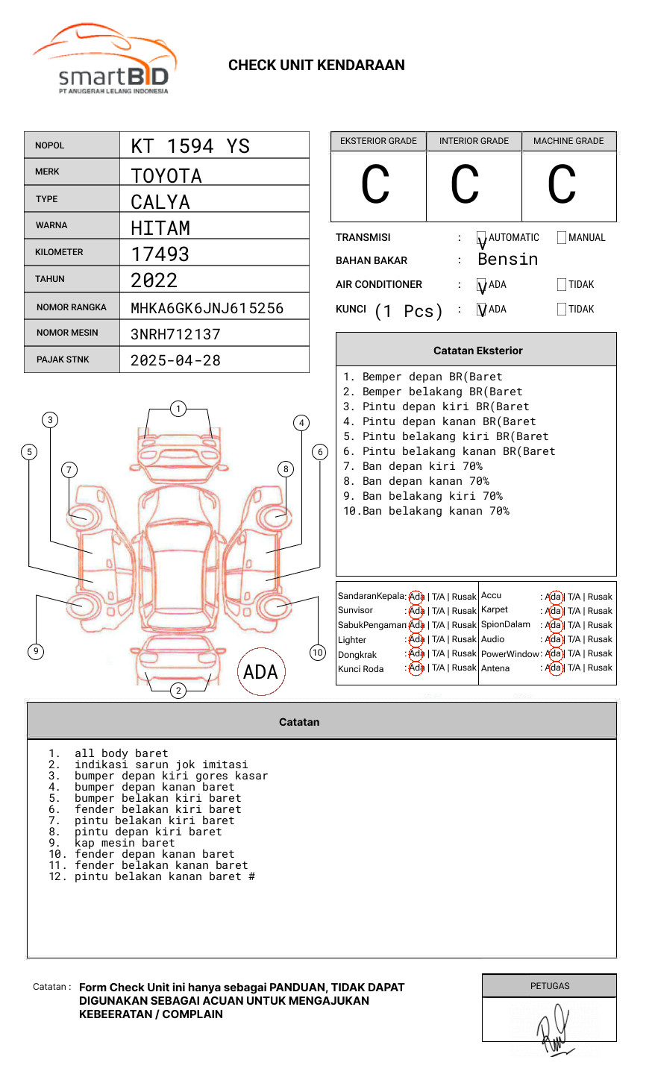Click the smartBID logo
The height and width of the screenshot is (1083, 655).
pos(104,60)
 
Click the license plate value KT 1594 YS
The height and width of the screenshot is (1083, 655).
pos(190,146)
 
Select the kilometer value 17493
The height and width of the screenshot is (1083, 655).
pos(160,254)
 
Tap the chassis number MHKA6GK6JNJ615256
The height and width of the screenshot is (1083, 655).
pos(207,308)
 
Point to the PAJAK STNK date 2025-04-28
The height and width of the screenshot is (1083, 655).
pos(175,360)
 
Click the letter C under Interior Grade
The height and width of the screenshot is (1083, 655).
pos(465,185)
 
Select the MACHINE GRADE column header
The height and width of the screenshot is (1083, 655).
pos(568,141)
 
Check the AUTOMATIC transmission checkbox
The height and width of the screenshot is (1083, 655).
pos(481,238)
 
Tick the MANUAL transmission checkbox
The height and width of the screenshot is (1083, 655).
pos(562,238)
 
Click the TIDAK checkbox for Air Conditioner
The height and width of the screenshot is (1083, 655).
pos(562,285)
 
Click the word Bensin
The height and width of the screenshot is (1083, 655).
pos(507,260)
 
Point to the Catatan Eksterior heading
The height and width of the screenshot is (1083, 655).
pos(477,351)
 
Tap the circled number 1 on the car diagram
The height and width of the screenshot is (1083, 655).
pos(178,408)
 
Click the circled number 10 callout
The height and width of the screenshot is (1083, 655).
pos(318,652)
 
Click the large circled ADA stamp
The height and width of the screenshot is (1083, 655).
pos(260,671)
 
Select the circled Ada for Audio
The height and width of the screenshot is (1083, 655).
pos(554,639)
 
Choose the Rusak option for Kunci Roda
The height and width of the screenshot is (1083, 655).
pos(463,668)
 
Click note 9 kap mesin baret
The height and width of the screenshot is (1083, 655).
pos(125,843)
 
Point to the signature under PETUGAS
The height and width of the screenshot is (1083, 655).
pos(553,1029)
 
